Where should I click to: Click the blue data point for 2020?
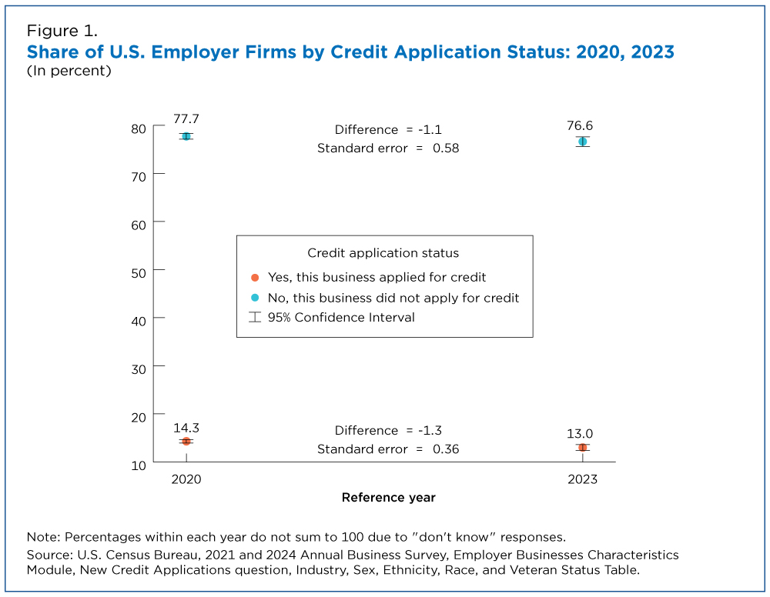186,136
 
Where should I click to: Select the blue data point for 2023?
583,142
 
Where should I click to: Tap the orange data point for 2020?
186,441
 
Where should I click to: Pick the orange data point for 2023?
583,447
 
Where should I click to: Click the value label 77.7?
186,118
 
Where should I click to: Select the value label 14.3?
186,427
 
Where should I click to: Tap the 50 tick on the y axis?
139,271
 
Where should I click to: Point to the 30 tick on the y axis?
139,368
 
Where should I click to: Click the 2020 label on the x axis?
186,479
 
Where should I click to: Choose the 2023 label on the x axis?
582,479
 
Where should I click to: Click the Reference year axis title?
389,498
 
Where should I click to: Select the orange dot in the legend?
255,278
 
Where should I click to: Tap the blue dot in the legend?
255,298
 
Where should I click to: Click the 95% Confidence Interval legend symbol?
255,317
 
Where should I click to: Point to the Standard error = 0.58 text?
388,148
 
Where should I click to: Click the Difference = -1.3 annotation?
388,431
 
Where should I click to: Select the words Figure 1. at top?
62,31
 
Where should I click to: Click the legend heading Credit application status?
383,253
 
